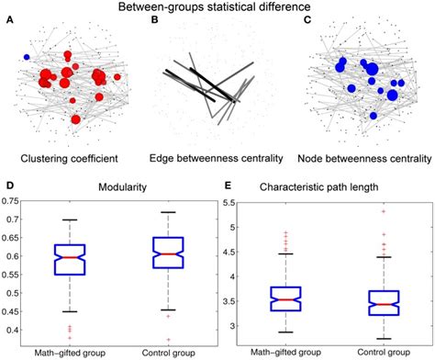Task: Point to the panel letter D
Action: pos(9,184)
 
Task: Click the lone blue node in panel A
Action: pos(28,58)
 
